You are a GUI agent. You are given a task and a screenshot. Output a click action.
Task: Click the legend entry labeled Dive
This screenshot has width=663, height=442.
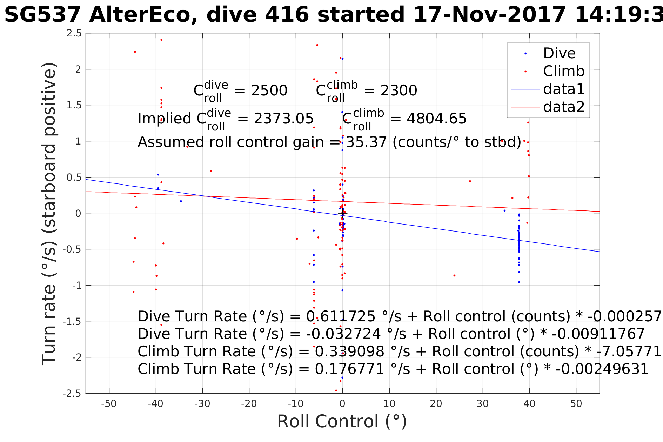pyautogui.click(x=559, y=53)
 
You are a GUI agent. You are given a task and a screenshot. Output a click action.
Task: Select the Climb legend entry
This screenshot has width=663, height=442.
pyautogui.click(x=563, y=71)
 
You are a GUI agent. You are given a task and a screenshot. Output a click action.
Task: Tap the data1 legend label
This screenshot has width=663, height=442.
pyautogui.click(x=564, y=89)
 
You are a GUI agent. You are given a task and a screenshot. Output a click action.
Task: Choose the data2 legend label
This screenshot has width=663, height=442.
pyautogui.click(x=564, y=107)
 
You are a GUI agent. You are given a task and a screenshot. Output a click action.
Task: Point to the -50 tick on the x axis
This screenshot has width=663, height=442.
pyautogui.click(x=109, y=404)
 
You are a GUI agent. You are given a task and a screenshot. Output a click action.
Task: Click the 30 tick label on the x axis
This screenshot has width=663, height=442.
pyautogui.click(x=483, y=404)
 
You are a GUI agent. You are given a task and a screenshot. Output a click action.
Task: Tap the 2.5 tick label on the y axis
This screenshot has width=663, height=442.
pyautogui.click(x=74, y=34)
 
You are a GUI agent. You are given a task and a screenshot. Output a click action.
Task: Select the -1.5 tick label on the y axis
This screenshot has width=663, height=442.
pyautogui.click(x=72, y=321)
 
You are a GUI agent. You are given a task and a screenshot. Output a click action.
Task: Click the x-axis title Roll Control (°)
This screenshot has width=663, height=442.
pyautogui.click(x=342, y=421)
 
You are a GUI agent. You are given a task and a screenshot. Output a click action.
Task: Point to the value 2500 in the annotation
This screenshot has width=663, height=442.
pyautogui.click(x=269, y=91)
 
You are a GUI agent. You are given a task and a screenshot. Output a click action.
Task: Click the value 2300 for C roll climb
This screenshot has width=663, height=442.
pyautogui.click(x=399, y=91)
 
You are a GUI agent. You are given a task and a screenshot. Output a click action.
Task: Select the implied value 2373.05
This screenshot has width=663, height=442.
pyautogui.click(x=283, y=119)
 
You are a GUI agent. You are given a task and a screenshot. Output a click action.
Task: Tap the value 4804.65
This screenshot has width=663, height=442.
pyautogui.click(x=436, y=119)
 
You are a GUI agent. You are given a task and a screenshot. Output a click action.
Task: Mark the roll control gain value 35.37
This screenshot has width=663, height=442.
pyautogui.click(x=366, y=142)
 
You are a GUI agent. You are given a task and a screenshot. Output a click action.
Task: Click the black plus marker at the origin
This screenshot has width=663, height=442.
pyautogui.click(x=342, y=213)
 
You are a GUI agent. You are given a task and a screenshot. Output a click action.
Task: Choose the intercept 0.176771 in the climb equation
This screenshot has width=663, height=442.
pyautogui.click(x=349, y=369)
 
